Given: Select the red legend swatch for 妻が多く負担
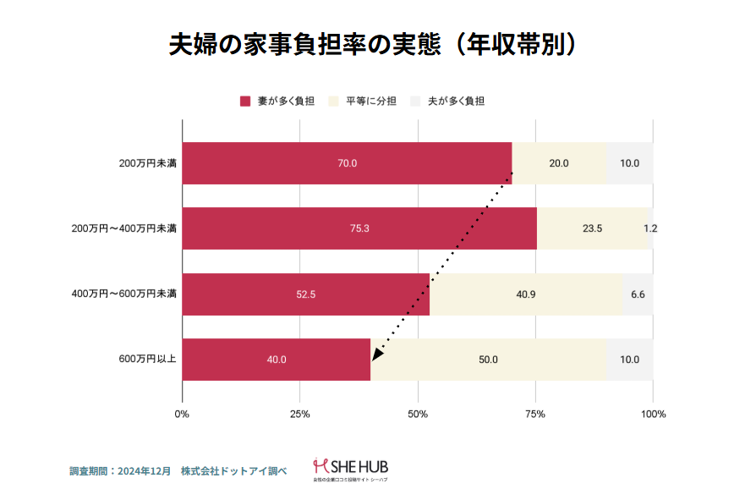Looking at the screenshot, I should (x=245, y=102).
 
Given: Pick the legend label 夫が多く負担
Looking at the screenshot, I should (x=456, y=102).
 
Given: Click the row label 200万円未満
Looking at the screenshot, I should (x=147, y=163).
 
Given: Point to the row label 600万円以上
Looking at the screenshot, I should (x=147, y=360).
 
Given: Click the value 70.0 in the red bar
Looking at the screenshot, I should (x=348, y=163).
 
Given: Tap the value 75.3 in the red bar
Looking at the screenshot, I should (x=359, y=228).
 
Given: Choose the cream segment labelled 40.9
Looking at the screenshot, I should (x=526, y=294).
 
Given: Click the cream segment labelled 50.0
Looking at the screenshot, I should (x=488, y=360).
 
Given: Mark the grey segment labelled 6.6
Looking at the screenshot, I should (x=638, y=294).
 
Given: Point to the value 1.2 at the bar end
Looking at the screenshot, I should (x=650, y=228).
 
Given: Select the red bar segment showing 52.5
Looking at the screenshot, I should (x=306, y=294).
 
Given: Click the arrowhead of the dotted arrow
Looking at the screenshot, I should (x=375, y=353).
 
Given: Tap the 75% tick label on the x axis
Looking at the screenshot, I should (x=535, y=415).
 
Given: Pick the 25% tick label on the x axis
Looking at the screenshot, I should (x=299, y=415).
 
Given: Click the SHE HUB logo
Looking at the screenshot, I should (x=350, y=468).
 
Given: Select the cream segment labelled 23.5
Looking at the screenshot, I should (x=592, y=228).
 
